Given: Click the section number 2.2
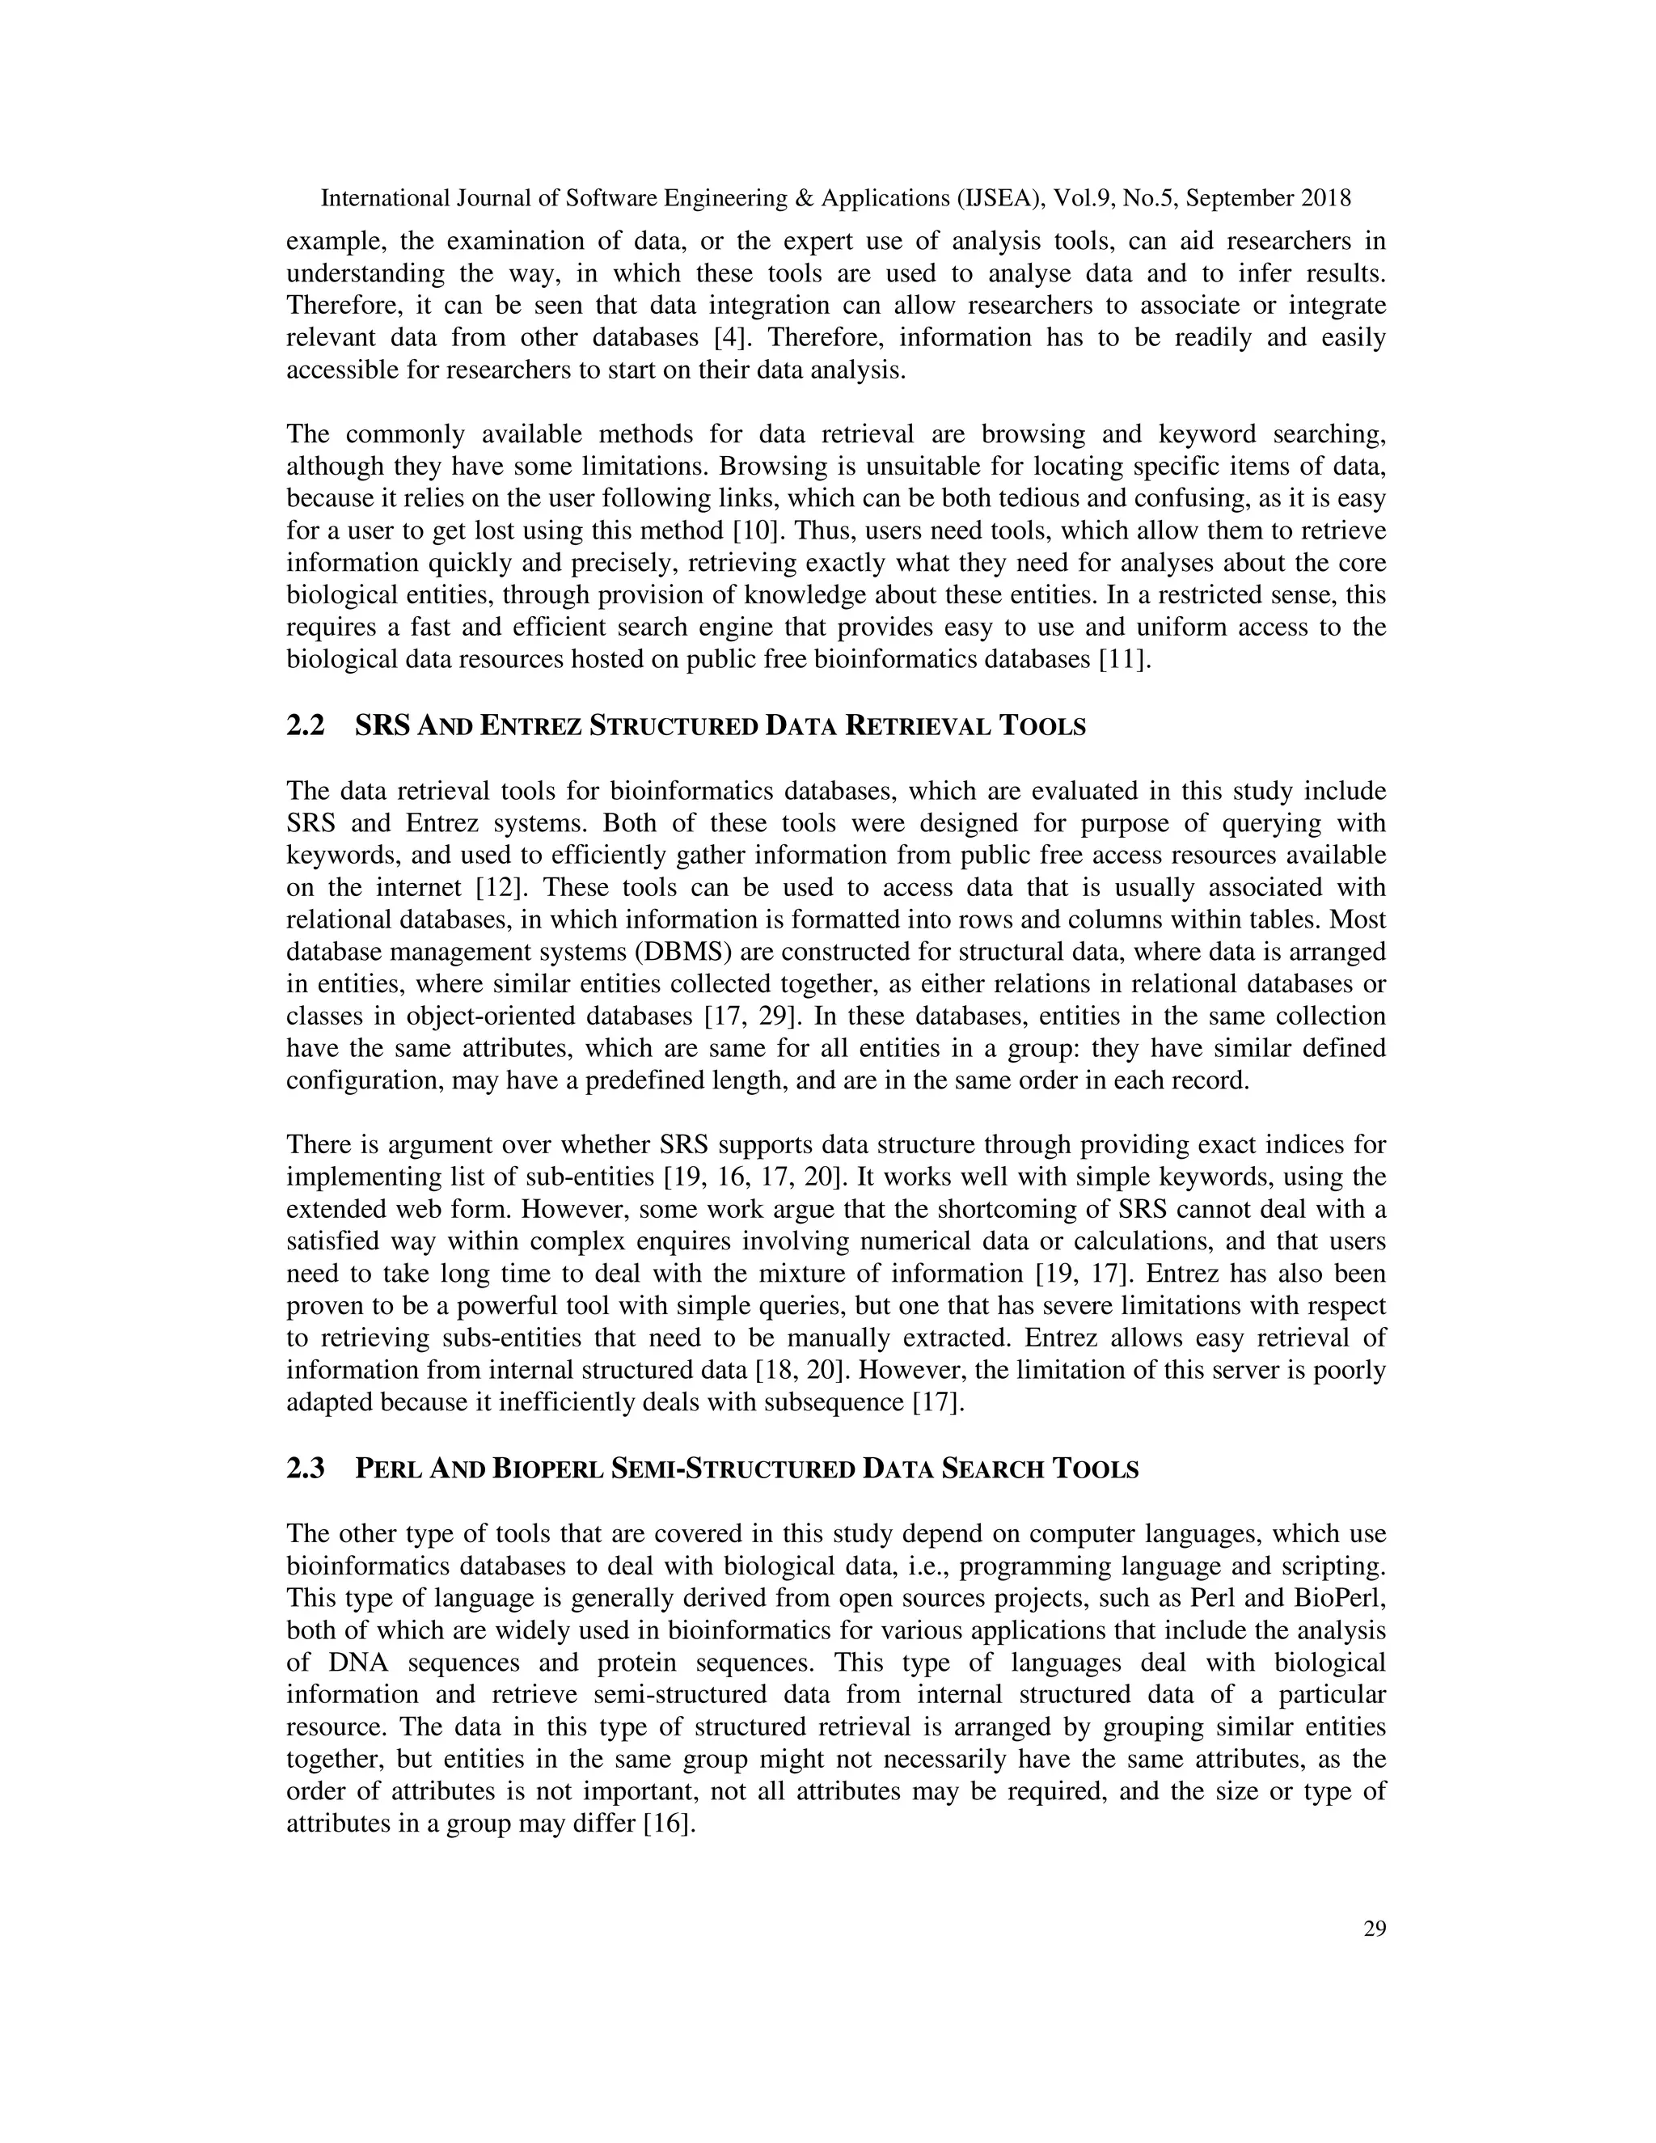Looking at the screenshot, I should (305, 726).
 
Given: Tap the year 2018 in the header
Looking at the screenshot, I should (1325, 199).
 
